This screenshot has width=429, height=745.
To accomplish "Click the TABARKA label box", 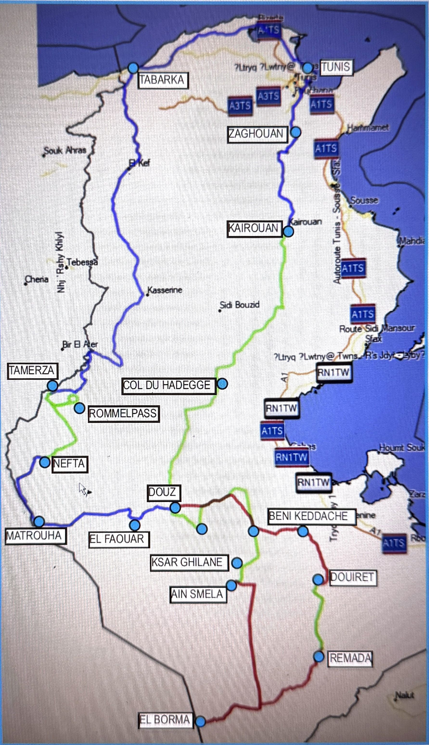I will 163,80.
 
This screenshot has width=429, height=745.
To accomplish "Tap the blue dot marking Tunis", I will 307,67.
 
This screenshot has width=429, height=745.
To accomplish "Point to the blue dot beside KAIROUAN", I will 288,232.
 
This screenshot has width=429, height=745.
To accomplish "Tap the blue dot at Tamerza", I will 52,386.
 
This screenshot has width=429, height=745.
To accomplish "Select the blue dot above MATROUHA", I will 39,522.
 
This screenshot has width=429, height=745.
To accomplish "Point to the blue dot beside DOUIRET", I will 318,579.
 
